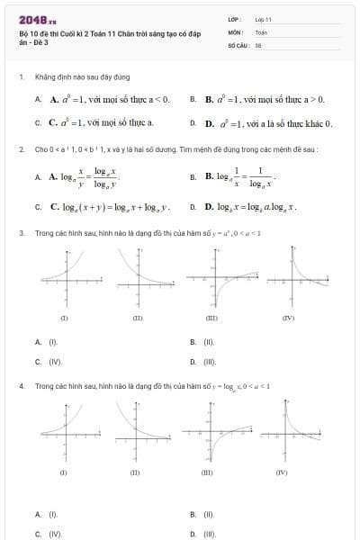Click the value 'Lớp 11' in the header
(263, 18)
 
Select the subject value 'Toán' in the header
(261, 31)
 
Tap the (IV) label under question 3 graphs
(287, 319)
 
